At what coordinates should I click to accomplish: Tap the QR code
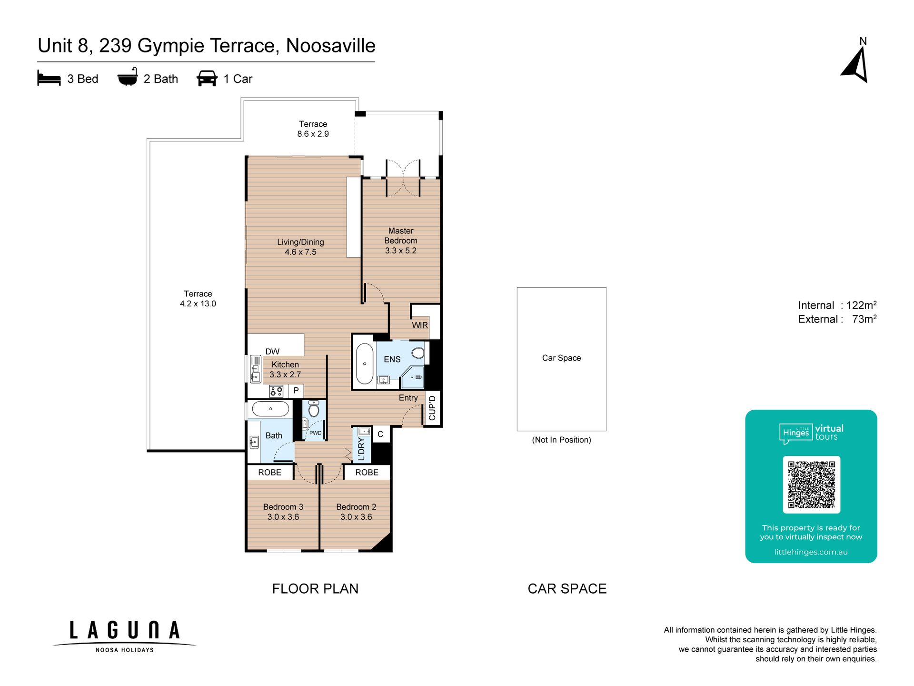[x=811, y=484]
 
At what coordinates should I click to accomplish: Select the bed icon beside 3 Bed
[x=49, y=79]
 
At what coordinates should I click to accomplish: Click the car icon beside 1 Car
[x=207, y=79]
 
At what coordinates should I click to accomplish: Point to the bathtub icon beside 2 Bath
[x=128, y=77]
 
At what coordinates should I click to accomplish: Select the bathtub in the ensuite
[x=365, y=363]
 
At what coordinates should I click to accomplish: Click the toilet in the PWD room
[x=314, y=409]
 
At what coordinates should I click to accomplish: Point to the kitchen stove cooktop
[x=276, y=392]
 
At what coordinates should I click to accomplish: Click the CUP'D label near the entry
[x=432, y=408]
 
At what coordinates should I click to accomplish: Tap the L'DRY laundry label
[x=361, y=449]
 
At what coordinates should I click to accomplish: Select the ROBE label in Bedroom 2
[x=367, y=472]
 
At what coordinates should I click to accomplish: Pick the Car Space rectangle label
[x=561, y=358]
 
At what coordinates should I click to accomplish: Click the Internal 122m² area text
[x=837, y=305]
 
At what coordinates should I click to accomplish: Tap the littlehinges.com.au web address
[x=811, y=552]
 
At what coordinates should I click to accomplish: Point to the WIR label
[x=420, y=325]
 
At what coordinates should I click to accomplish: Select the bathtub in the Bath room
[x=270, y=409]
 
